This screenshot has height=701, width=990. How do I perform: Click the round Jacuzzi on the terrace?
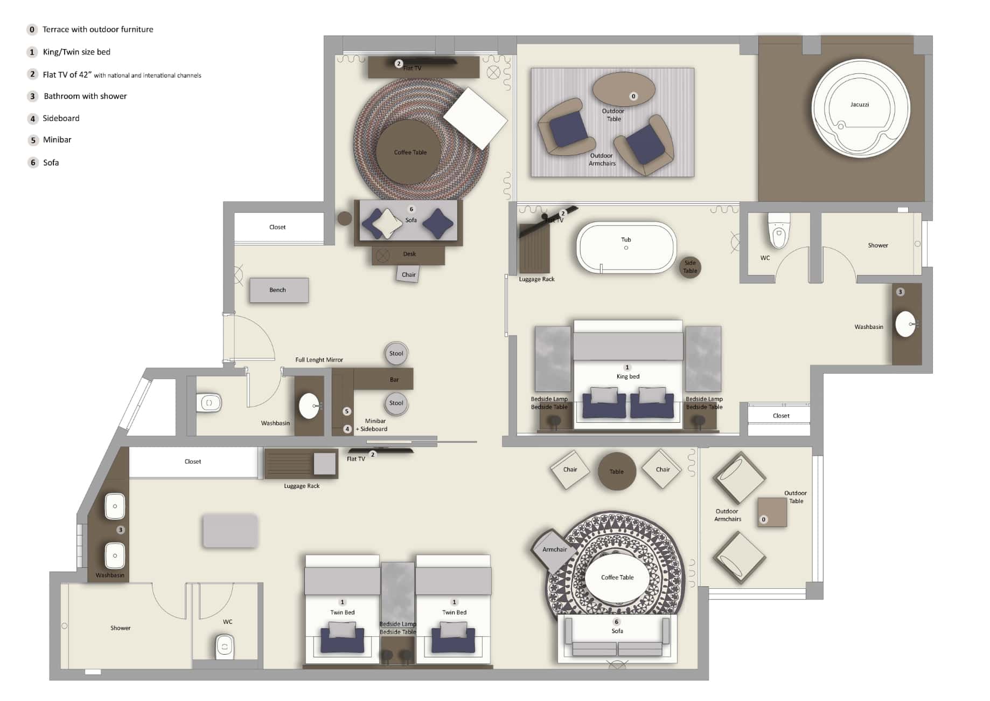click(x=860, y=108)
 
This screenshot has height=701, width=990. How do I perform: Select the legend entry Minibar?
click(x=57, y=140)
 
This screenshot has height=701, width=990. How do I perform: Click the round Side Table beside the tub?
click(x=689, y=267)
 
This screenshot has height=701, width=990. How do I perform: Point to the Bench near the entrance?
click(x=278, y=290)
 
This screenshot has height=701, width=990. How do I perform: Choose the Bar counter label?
click(x=394, y=380)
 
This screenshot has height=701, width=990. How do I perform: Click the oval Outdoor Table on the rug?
click(x=623, y=89)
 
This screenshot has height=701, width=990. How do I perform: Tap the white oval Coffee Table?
click(x=617, y=578)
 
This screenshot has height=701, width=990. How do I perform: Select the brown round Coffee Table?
click(x=409, y=153)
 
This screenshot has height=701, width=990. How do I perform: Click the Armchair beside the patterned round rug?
click(x=553, y=549)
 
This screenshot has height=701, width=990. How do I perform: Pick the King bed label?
click(x=628, y=376)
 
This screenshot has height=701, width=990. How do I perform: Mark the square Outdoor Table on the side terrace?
click(x=772, y=512)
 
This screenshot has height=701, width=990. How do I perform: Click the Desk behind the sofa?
click(x=409, y=254)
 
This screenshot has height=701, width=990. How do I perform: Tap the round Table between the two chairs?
click(x=616, y=471)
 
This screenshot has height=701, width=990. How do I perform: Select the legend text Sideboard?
click(x=61, y=118)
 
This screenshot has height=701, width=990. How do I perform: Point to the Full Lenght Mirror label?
click(x=319, y=360)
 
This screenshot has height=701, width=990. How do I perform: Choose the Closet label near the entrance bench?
click(x=277, y=227)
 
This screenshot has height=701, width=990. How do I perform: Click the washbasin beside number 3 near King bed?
click(x=905, y=324)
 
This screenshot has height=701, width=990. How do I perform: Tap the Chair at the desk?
click(x=408, y=274)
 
